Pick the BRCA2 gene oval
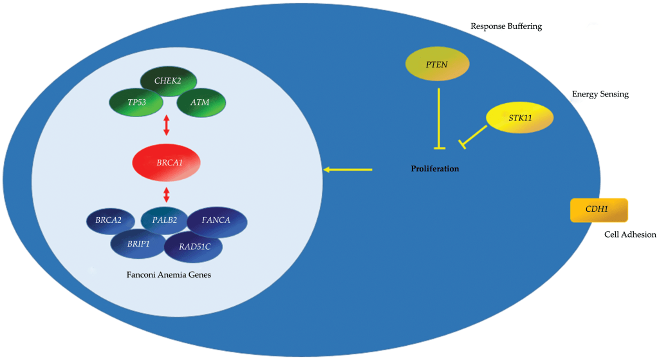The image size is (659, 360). [x=110, y=221]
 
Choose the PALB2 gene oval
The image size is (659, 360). [x=164, y=220]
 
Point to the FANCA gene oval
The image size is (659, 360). [x=217, y=222]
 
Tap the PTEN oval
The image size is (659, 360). [x=437, y=65]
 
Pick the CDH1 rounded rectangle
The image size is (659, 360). [x=599, y=210]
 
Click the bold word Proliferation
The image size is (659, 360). [x=435, y=169]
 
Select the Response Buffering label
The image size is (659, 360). [x=506, y=26]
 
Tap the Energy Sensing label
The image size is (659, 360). [x=600, y=94]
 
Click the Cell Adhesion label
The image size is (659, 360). [x=629, y=234]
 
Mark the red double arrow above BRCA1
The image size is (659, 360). [x=167, y=125]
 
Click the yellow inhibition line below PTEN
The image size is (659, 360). [x=439, y=118]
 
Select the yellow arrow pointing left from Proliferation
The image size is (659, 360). [x=348, y=169]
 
